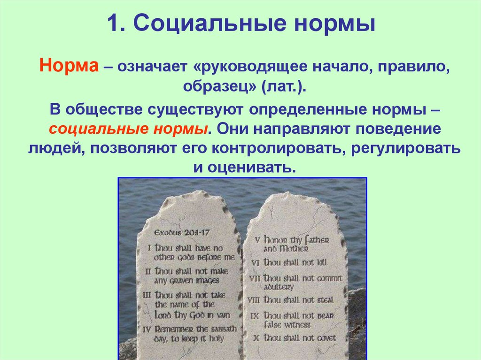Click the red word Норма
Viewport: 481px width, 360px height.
tap(69, 65)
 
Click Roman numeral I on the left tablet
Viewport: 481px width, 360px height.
tap(149, 248)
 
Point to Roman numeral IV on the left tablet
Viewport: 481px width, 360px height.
tap(148, 329)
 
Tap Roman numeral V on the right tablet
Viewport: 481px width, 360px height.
tap(257, 239)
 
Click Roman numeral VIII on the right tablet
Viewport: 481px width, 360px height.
tap(254, 300)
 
